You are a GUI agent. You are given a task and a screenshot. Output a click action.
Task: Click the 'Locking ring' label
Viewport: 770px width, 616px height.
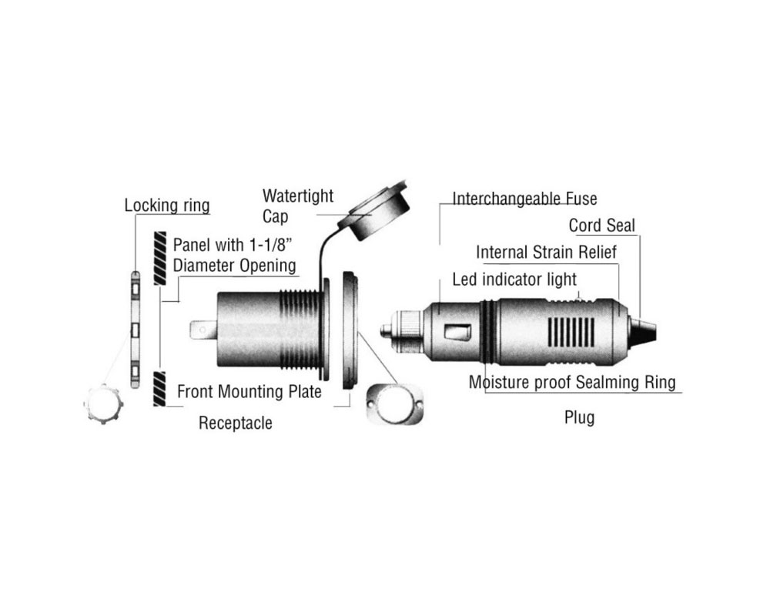tap(167, 206)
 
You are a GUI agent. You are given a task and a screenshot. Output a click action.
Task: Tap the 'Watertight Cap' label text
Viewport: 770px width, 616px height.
tap(297, 206)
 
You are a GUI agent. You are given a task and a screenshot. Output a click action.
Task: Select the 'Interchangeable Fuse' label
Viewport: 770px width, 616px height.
tap(524, 199)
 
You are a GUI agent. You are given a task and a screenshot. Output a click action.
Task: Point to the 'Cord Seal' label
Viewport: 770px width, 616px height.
tap(601, 226)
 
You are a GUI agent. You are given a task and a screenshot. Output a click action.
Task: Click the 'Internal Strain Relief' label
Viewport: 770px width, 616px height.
tap(546, 252)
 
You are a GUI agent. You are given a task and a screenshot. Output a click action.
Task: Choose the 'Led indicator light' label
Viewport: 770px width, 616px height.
tap(514, 279)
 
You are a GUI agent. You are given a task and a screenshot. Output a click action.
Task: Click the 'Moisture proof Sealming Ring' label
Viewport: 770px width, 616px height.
tap(572, 382)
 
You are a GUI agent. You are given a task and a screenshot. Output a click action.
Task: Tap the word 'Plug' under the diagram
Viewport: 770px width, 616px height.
tap(580, 417)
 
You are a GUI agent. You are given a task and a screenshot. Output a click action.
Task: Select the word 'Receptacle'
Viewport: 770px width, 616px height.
tap(235, 423)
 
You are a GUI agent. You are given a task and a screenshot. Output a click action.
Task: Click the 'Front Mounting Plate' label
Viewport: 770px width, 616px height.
tap(249, 391)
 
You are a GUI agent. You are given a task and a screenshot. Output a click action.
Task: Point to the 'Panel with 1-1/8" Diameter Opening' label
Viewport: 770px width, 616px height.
tap(235, 255)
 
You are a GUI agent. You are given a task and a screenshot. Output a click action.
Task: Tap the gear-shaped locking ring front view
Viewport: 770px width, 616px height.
tap(104, 403)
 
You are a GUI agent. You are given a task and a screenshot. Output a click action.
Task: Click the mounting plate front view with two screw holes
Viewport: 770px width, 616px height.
tap(395, 403)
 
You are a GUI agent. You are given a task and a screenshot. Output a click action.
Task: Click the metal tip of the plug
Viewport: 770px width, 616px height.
tap(387, 330)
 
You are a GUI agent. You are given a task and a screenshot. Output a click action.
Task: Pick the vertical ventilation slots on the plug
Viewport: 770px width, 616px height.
tap(571, 332)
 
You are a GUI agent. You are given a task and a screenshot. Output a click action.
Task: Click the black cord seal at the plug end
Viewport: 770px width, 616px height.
tap(642, 330)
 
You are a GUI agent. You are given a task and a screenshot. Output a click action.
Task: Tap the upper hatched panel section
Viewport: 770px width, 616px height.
tap(159, 258)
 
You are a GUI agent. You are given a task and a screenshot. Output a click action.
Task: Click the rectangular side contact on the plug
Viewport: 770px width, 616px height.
tap(457, 332)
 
